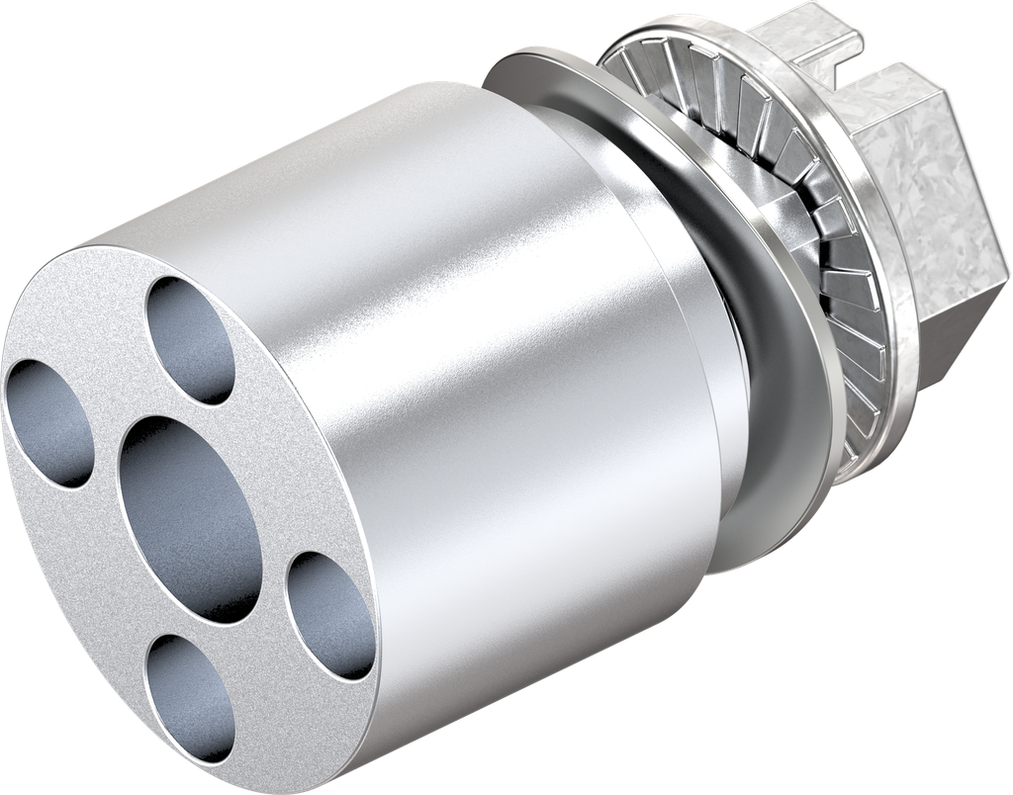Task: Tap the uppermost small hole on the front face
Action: [x=191, y=339]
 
